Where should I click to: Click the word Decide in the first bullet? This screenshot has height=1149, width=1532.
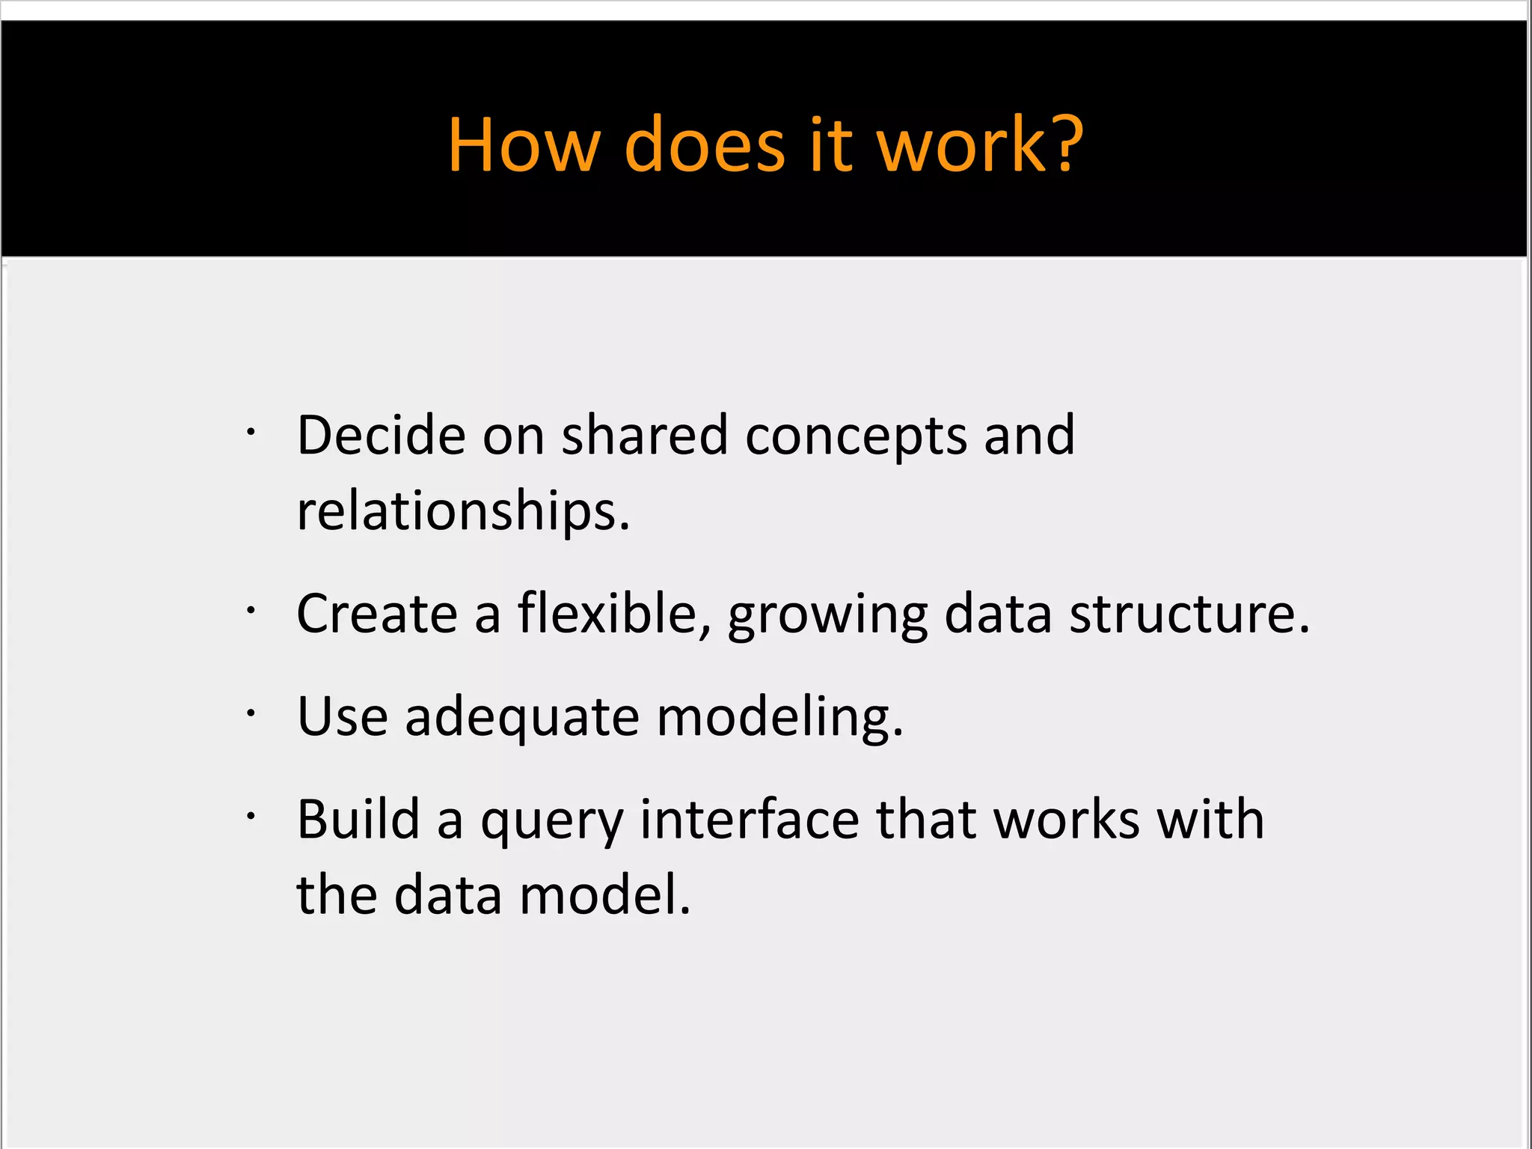click(x=381, y=435)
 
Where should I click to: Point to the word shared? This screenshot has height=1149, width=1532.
click(x=644, y=435)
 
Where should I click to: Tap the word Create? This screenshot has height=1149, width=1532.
click(x=377, y=614)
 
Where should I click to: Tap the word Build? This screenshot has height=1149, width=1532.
click(x=358, y=819)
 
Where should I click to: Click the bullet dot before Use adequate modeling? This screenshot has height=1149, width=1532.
click(x=251, y=714)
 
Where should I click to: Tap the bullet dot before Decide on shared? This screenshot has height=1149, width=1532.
click(x=251, y=432)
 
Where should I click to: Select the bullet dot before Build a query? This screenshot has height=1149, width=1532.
click(x=251, y=817)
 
